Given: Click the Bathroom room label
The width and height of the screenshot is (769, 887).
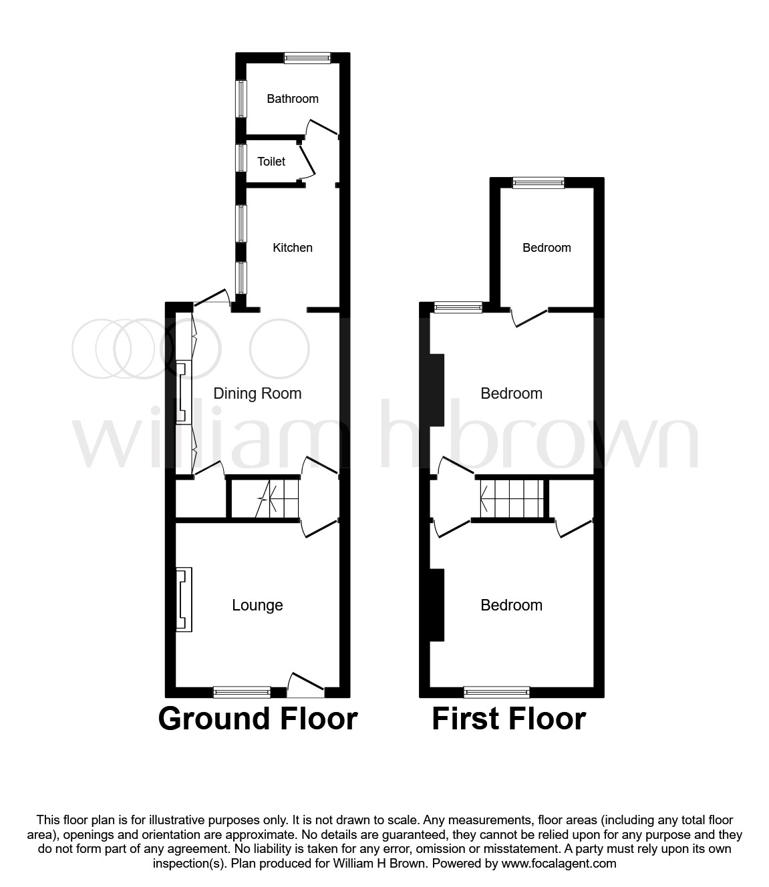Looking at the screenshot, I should coord(292,99).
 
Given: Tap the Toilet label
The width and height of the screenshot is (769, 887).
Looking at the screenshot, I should coord(271,162).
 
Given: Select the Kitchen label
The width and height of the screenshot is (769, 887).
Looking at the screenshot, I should coord(292,248).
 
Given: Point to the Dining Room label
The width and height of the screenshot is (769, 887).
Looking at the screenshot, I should coord(257,393).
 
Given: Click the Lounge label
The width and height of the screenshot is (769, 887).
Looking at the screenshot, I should coord(257,605).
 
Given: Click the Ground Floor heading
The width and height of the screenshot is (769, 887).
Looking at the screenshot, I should coord(258,719).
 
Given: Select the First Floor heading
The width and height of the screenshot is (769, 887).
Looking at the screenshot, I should coord(508,719).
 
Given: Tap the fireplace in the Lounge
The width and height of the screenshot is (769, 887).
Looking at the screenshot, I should coord(184,599).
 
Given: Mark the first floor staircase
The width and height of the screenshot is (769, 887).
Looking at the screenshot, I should coord(511,499).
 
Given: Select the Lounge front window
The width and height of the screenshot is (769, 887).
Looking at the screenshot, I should coord(242,692).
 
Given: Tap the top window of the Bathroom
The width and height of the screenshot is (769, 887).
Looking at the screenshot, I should coord(307,58).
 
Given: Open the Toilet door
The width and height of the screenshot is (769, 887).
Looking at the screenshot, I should coord(306,162).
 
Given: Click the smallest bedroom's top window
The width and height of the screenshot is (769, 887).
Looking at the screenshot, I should coord(539,183).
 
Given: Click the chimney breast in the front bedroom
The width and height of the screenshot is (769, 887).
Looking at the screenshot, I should coord(437,604).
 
